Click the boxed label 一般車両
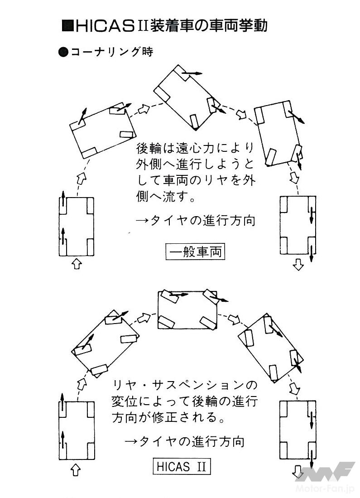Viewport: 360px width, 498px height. pyautogui.click(x=195, y=251)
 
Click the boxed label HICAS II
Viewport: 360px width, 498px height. pyautogui.click(x=182, y=466)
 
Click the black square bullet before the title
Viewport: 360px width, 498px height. pyautogui.click(x=66, y=26)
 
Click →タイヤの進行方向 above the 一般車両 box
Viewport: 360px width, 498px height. pyautogui.click(x=196, y=221)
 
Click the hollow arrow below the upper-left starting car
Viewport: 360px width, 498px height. pyautogui.click(x=77, y=264)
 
